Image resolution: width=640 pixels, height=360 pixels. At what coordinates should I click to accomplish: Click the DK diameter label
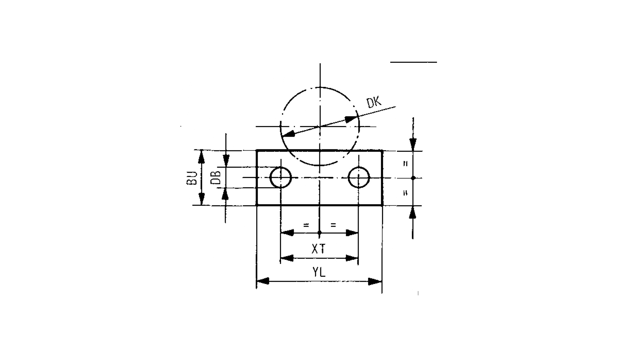374,102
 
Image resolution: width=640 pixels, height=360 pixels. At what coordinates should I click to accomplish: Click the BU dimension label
192,178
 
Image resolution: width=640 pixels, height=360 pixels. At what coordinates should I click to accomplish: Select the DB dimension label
216,178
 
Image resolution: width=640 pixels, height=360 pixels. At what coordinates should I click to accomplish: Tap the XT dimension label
319,249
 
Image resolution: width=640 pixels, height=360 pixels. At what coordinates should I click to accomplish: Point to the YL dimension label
319,272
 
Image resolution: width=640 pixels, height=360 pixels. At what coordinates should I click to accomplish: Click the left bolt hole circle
281,178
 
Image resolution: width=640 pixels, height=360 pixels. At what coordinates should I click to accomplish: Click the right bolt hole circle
359,178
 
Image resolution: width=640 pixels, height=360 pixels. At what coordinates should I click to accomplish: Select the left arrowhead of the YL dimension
263,281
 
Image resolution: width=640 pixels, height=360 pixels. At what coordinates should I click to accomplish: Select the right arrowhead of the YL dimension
375,281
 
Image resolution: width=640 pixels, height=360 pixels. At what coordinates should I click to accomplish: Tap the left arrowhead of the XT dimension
287,258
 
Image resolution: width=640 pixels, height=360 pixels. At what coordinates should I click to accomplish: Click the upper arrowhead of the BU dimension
201,156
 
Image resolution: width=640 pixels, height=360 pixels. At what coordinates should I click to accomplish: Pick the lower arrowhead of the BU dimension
201,199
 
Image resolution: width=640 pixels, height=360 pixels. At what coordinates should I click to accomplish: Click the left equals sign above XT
306,225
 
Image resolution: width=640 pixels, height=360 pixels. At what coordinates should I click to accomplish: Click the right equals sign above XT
333,225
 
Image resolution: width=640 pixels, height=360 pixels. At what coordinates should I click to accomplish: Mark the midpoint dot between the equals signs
319,232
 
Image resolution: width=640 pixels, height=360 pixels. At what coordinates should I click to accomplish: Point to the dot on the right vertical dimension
413,178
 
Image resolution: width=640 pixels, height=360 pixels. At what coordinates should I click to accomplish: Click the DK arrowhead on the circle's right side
351,119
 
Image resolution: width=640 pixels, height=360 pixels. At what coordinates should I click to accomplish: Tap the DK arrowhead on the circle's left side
289,134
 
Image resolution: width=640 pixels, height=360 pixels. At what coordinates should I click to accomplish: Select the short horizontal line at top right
413,62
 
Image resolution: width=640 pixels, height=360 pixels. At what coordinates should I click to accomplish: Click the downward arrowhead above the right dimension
413,144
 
